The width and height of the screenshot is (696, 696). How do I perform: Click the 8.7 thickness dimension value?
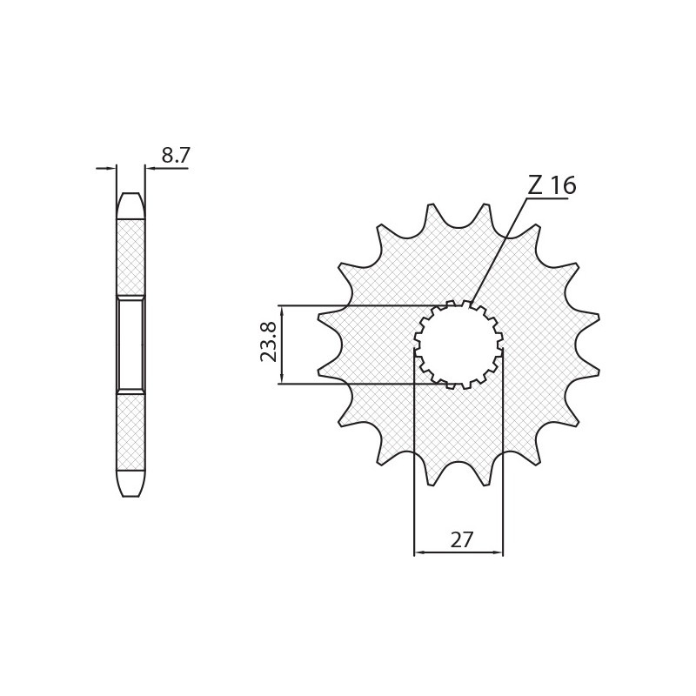coord(175,156)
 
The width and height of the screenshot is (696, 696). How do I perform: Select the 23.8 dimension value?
coord(269,342)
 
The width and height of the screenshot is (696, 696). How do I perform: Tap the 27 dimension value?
coord(462,540)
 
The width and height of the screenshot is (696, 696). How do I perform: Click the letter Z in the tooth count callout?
coord(535,185)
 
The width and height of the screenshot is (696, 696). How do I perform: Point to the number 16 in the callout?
coord(563,185)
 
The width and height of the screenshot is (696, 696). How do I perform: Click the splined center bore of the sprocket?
coord(458,345)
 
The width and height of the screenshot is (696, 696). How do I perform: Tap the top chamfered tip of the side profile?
coord(130,205)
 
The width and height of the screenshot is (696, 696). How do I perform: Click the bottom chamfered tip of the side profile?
coord(130,484)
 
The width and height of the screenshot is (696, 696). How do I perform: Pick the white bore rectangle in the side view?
coord(130,345)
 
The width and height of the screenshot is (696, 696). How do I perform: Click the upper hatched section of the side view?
coord(130,257)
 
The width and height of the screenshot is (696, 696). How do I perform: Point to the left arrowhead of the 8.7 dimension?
coord(110,168)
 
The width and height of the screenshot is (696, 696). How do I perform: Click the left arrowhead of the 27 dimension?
coord(419,552)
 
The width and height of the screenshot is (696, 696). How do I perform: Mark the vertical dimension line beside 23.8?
coord(281,345)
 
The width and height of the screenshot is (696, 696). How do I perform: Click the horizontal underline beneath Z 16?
coord(547,199)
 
